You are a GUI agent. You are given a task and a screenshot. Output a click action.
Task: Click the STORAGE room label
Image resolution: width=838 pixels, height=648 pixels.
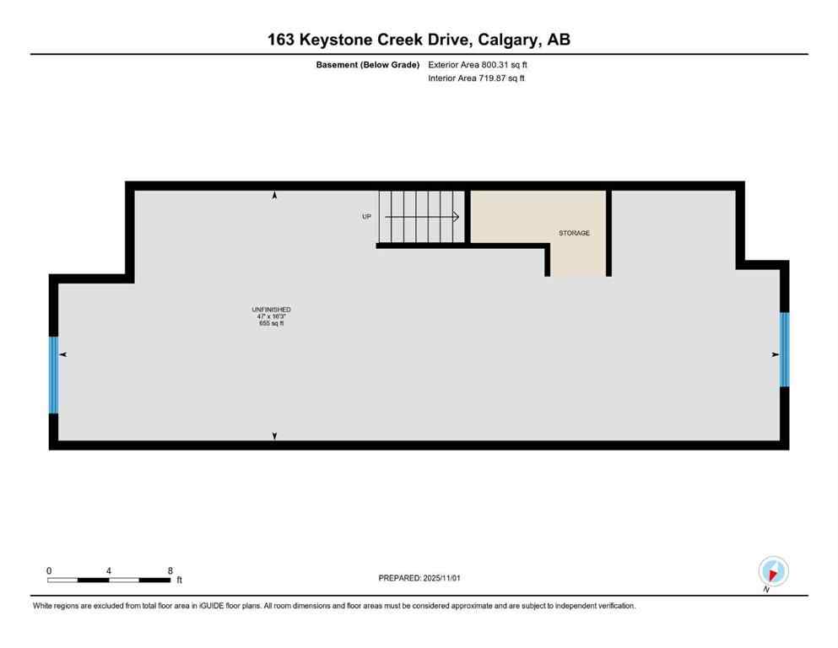tap(574, 233)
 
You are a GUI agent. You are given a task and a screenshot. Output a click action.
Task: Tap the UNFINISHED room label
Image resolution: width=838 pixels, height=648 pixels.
tap(271, 310)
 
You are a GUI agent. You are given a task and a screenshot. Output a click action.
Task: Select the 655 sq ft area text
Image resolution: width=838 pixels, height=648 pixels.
tap(271, 323)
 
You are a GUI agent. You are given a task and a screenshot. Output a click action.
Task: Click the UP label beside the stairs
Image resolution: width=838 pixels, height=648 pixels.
tap(366, 217)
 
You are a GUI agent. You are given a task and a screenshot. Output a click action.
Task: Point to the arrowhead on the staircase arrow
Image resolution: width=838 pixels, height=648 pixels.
tap(456, 217)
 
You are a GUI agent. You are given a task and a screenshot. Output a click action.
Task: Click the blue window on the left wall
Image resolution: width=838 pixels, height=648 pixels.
tap(53, 375)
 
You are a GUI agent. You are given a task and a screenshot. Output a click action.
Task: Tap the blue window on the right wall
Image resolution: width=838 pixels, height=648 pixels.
tap(784, 349)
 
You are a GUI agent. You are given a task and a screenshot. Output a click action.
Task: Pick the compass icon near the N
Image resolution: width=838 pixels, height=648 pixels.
tap(773, 571)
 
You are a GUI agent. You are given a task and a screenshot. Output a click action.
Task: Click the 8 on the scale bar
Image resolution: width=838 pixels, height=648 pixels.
tap(170, 570)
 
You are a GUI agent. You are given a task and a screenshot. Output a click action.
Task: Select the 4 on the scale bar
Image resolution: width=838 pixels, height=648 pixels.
tap(109, 570)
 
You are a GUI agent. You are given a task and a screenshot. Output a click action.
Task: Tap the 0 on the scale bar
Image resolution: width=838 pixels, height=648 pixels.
tap(49, 570)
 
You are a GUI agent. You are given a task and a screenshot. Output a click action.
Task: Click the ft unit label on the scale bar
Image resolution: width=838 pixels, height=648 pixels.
tap(179, 580)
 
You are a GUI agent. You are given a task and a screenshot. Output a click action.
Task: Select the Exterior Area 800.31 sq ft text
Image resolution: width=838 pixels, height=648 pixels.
tap(478, 64)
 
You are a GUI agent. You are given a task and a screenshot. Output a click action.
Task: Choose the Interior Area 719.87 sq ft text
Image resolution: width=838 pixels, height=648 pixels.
tap(476, 78)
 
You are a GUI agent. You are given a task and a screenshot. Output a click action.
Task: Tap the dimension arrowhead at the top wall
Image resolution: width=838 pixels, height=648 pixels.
tap(274, 196)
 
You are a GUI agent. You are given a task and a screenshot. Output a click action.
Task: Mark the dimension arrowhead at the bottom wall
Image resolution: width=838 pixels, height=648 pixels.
tap(274, 435)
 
